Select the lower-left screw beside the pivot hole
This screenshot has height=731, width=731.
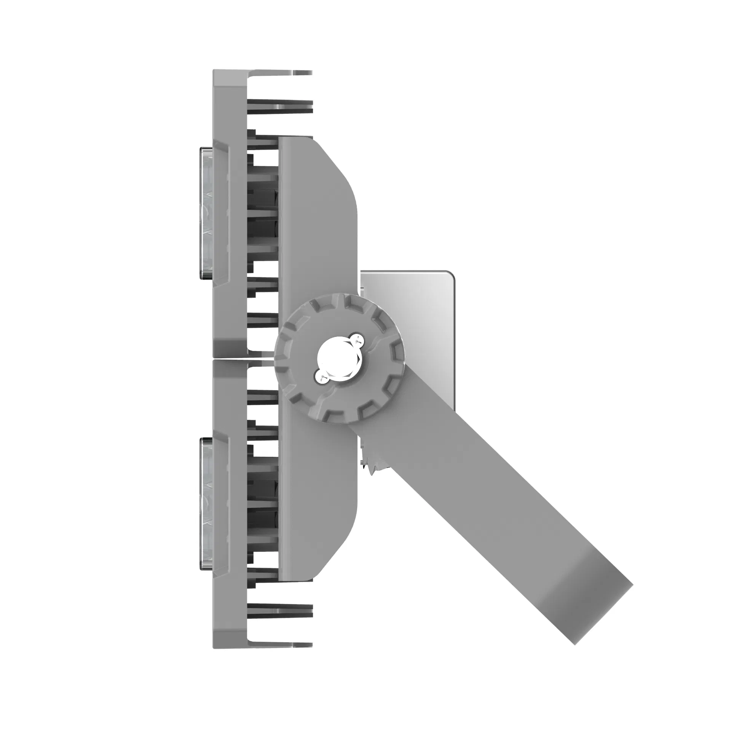[x=321, y=378]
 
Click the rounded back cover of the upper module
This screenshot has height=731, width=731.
[x=316, y=213]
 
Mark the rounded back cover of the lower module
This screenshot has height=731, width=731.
[x=316, y=506]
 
